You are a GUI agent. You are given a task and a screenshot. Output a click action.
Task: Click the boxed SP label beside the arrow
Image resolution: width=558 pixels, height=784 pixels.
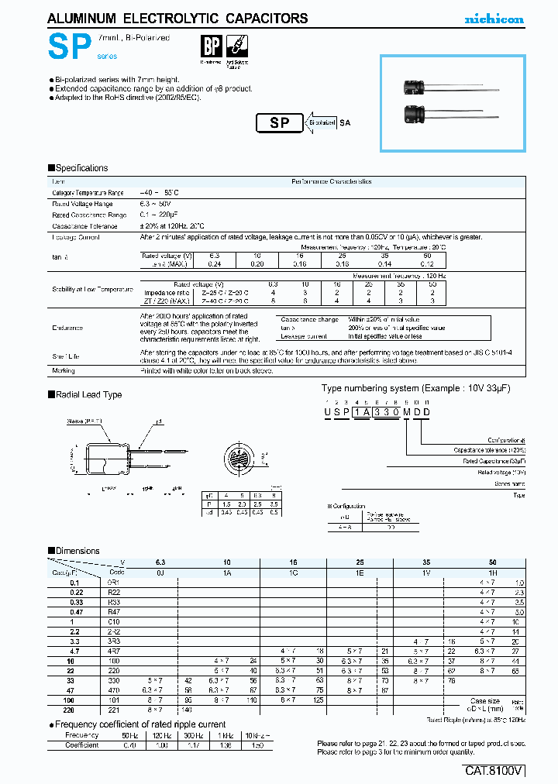point(279,122)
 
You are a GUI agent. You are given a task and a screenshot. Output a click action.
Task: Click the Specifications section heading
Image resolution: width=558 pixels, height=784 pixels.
point(78,168)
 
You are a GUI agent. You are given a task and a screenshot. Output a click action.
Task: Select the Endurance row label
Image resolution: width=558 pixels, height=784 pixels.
point(67,328)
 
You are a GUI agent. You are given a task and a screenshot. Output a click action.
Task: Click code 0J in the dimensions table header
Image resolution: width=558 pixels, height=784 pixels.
point(160,573)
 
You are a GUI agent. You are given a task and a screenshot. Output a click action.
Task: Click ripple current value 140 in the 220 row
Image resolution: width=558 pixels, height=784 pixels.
point(186,710)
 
